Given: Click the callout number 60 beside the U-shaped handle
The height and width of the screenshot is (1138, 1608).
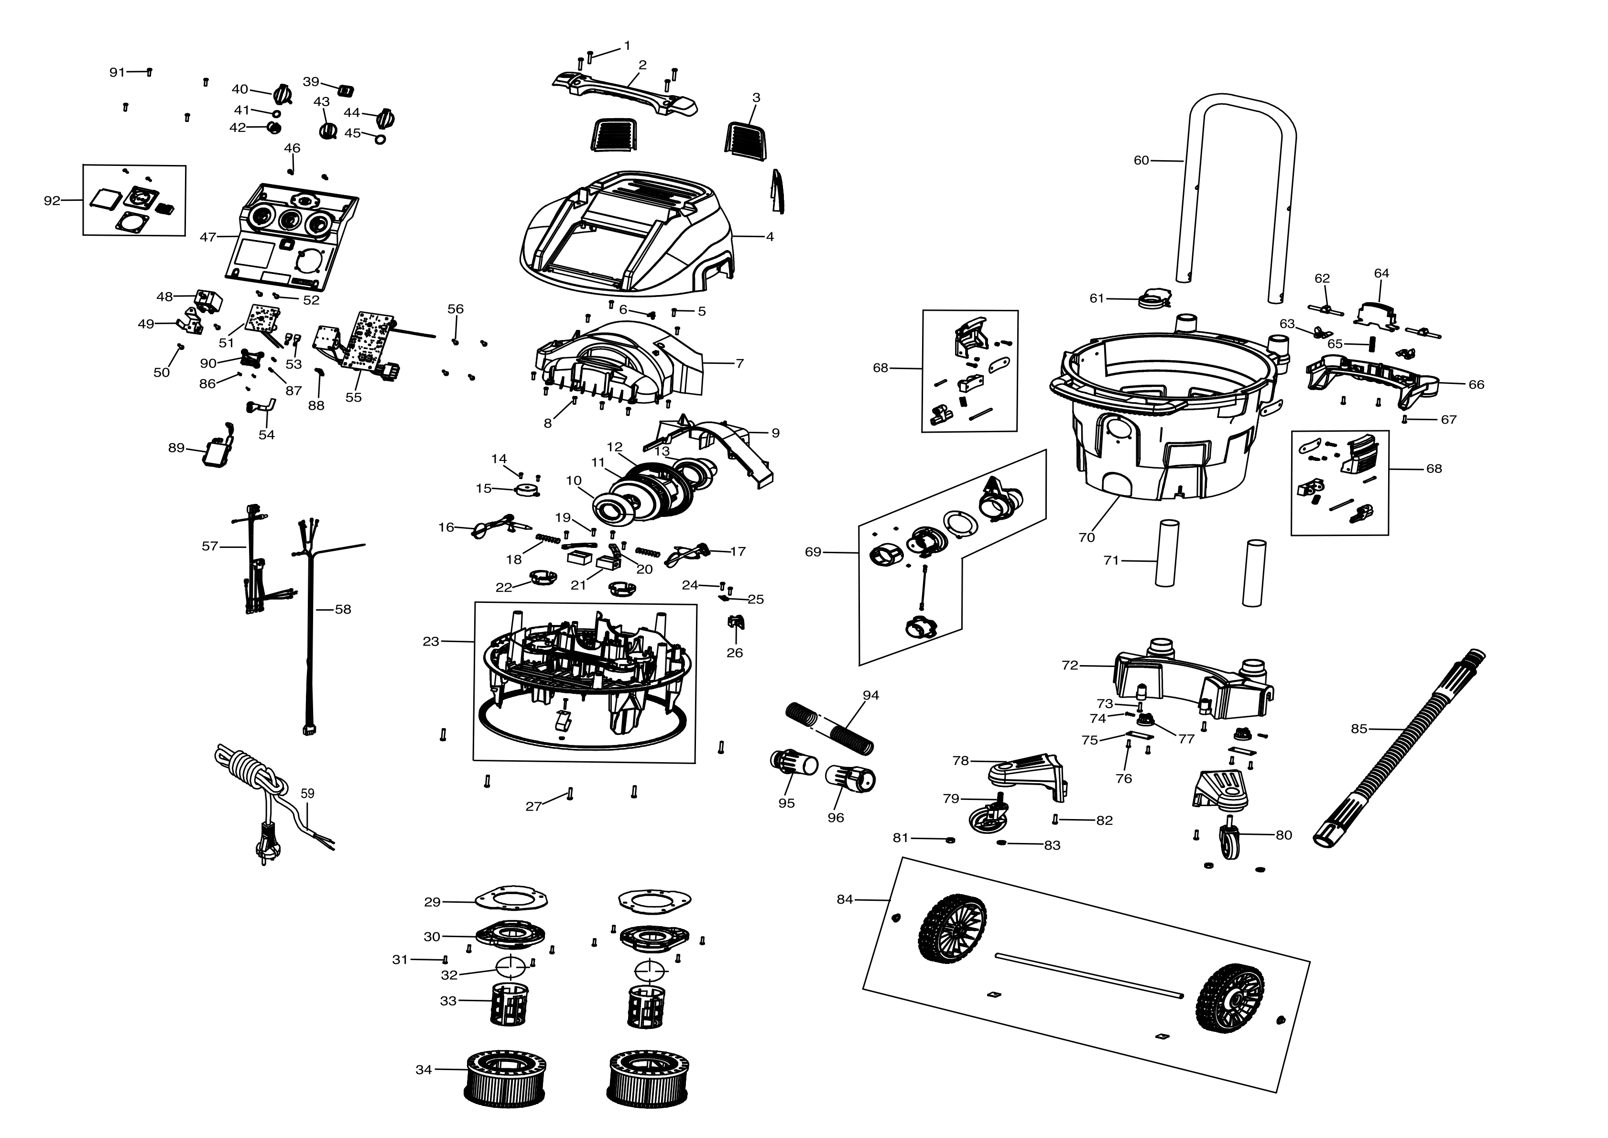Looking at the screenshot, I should click(x=1141, y=161).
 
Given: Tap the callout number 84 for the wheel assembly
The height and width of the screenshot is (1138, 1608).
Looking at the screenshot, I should click(x=845, y=899).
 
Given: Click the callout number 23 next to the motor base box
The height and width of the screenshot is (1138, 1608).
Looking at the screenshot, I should click(x=431, y=641).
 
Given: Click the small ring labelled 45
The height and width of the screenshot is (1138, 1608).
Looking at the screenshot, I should click(x=381, y=139).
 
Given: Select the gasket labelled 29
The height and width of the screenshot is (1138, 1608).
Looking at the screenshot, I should click(x=511, y=898).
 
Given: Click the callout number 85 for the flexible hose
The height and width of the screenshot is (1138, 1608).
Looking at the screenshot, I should click(x=1358, y=729).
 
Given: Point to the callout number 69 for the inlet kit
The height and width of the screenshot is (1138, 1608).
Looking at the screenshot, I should click(x=813, y=552).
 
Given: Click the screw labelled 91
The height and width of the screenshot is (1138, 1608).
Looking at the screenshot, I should click(x=149, y=71).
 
